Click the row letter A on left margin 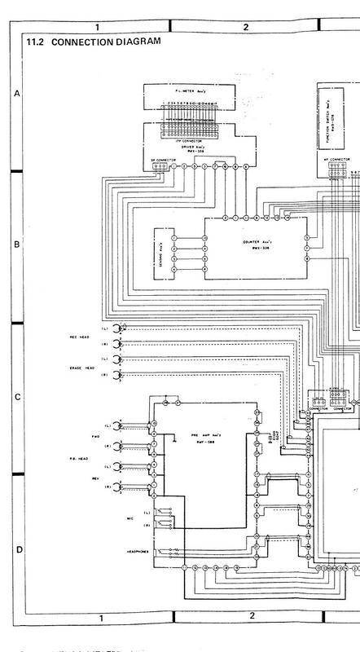click(17, 95)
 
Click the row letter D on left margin click(17, 550)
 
